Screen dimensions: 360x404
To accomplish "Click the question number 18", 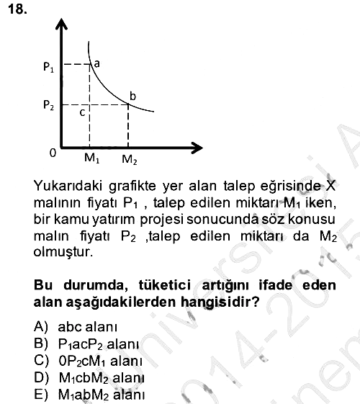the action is (x=17, y=9).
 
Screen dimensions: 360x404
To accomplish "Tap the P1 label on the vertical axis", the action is (x=49, y=67).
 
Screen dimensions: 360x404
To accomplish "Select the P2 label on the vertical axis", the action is (x=49, y=105).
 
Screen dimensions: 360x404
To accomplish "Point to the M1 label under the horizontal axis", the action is (x=91, y=158).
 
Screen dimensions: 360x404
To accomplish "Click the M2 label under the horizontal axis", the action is (x=130, y=159).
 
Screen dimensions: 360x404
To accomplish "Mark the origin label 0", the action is (x=53, y=153).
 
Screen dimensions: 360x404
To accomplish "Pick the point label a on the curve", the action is (x=96, y=63).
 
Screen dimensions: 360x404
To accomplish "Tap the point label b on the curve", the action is (x=132, y=96).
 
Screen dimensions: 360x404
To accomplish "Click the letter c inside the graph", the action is (x=82, y=112).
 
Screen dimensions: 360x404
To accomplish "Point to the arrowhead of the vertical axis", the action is (x=61, y=24).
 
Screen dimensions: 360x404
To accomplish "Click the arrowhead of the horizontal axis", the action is (x=197, y=148).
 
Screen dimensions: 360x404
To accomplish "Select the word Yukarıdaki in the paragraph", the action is (x=68, y=186).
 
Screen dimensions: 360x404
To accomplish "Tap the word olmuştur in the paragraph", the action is (x=63, y=252).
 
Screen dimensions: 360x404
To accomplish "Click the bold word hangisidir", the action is (x=220, y=302).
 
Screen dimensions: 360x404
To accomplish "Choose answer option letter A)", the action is (x=41, y=326).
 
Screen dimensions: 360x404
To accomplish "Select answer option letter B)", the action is (x=41, y=344).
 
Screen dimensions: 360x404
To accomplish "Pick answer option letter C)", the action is (x=41, y=361).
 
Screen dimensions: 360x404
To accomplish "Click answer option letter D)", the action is (x=41, y=378).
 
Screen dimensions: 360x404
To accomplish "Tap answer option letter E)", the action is (x=41, y=395).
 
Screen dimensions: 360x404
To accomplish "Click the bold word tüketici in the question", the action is (x=165, y=285).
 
